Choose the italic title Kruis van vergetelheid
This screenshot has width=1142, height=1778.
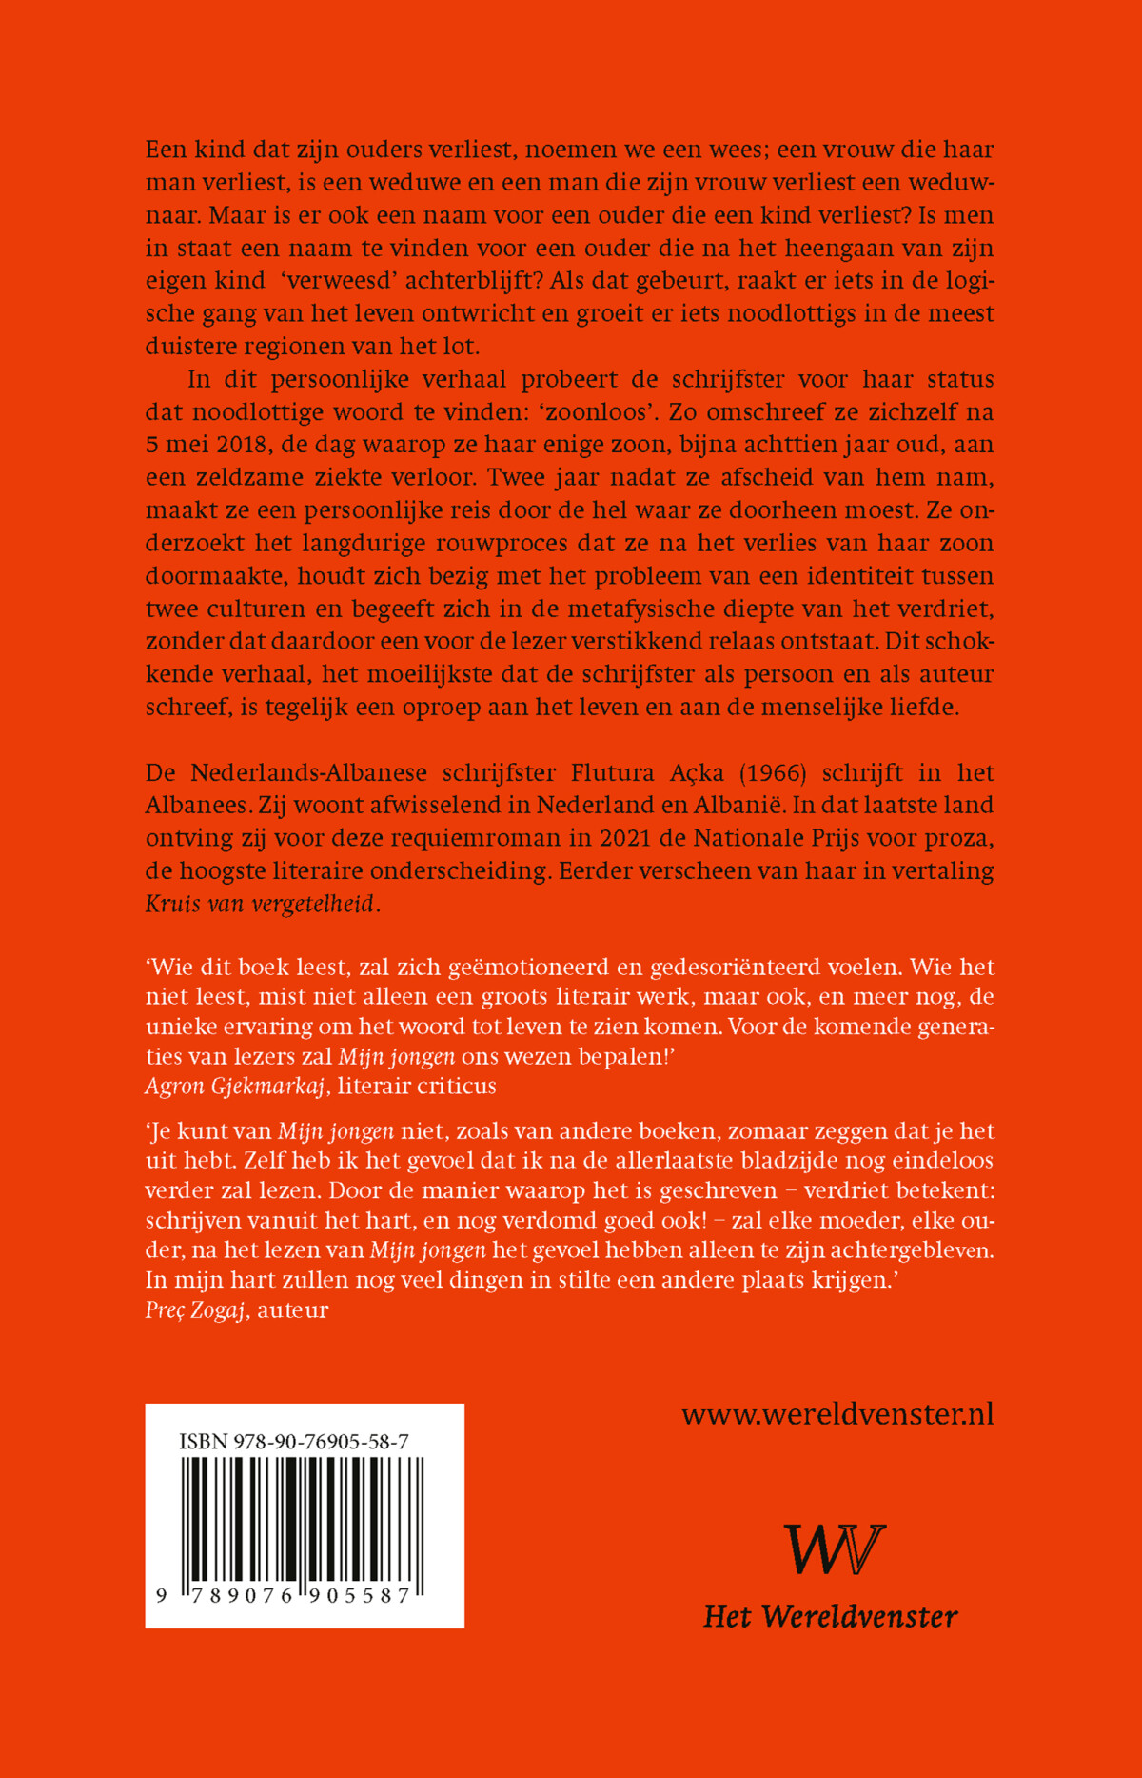click(260, 904)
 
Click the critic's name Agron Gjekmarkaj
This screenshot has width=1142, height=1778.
click(235, 1086)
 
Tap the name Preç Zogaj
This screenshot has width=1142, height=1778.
click(196, 1309)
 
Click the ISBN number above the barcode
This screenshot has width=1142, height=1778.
click(294, 1442)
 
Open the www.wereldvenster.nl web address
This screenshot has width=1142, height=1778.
click(837, 1414)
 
